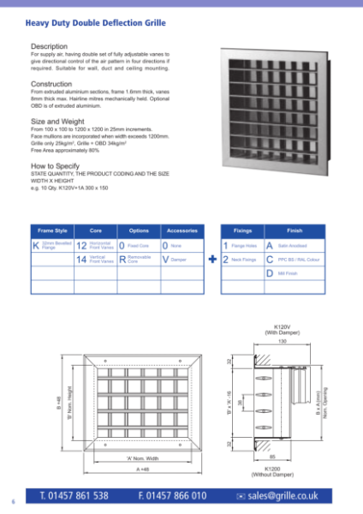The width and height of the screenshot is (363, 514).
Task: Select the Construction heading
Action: pos(53,84)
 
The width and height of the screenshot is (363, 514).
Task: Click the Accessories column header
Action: pos(181,231)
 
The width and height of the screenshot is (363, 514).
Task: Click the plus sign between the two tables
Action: pos(211,257)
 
